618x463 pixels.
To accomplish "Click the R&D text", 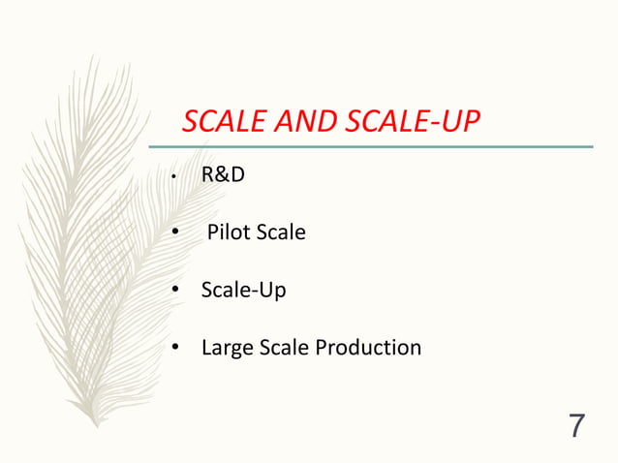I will pyautogui.click(x=222, y=176).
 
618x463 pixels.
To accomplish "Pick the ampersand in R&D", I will pyautogui.click(x=222, y=176).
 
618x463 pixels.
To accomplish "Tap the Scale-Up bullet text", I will pyautogui.click(x=243, y=290).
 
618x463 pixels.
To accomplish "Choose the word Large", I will pyautogui.click(x=226, y=347).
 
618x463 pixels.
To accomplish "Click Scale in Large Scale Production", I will pyautogui.click(x=281, y=347).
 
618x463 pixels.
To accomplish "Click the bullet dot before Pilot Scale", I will pyautogui.click(x=175, y=233).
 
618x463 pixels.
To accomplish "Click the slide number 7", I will pyautogui.click(x=577, y=425).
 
